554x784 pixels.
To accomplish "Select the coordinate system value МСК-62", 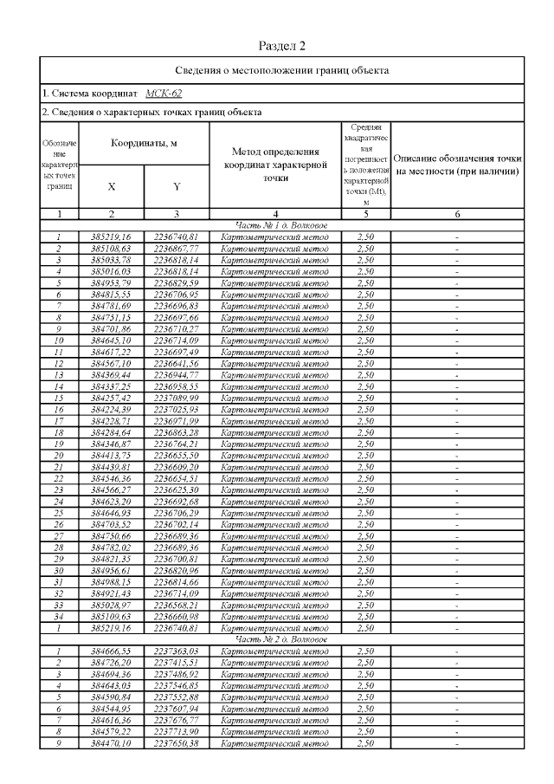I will pyautogui.click(x=164, y=92).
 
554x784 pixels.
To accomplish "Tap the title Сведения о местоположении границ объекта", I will pyautogui.click(x=282, y=69).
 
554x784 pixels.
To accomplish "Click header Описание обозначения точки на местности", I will pyautogui.click(x=457, y=165).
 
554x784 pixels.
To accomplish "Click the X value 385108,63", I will pyautogui.click(x=111, y=247).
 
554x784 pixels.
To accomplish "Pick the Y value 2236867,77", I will pyautogui.click(x=177, y=247).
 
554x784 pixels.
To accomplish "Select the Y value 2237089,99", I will pyautogui.click(x=177, y=396).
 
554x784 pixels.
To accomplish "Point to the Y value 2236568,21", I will pyautogui.click(x=177, y=604).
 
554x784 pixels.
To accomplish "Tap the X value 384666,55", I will pyautogui.click(x=111, y=650).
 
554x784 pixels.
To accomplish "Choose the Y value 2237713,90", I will pyautogui.click(x=177, y=730).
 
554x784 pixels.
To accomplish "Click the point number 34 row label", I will pyautogui.click(x=59, y=615).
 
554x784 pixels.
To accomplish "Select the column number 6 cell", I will pyautogui.click(x=457, y=212).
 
